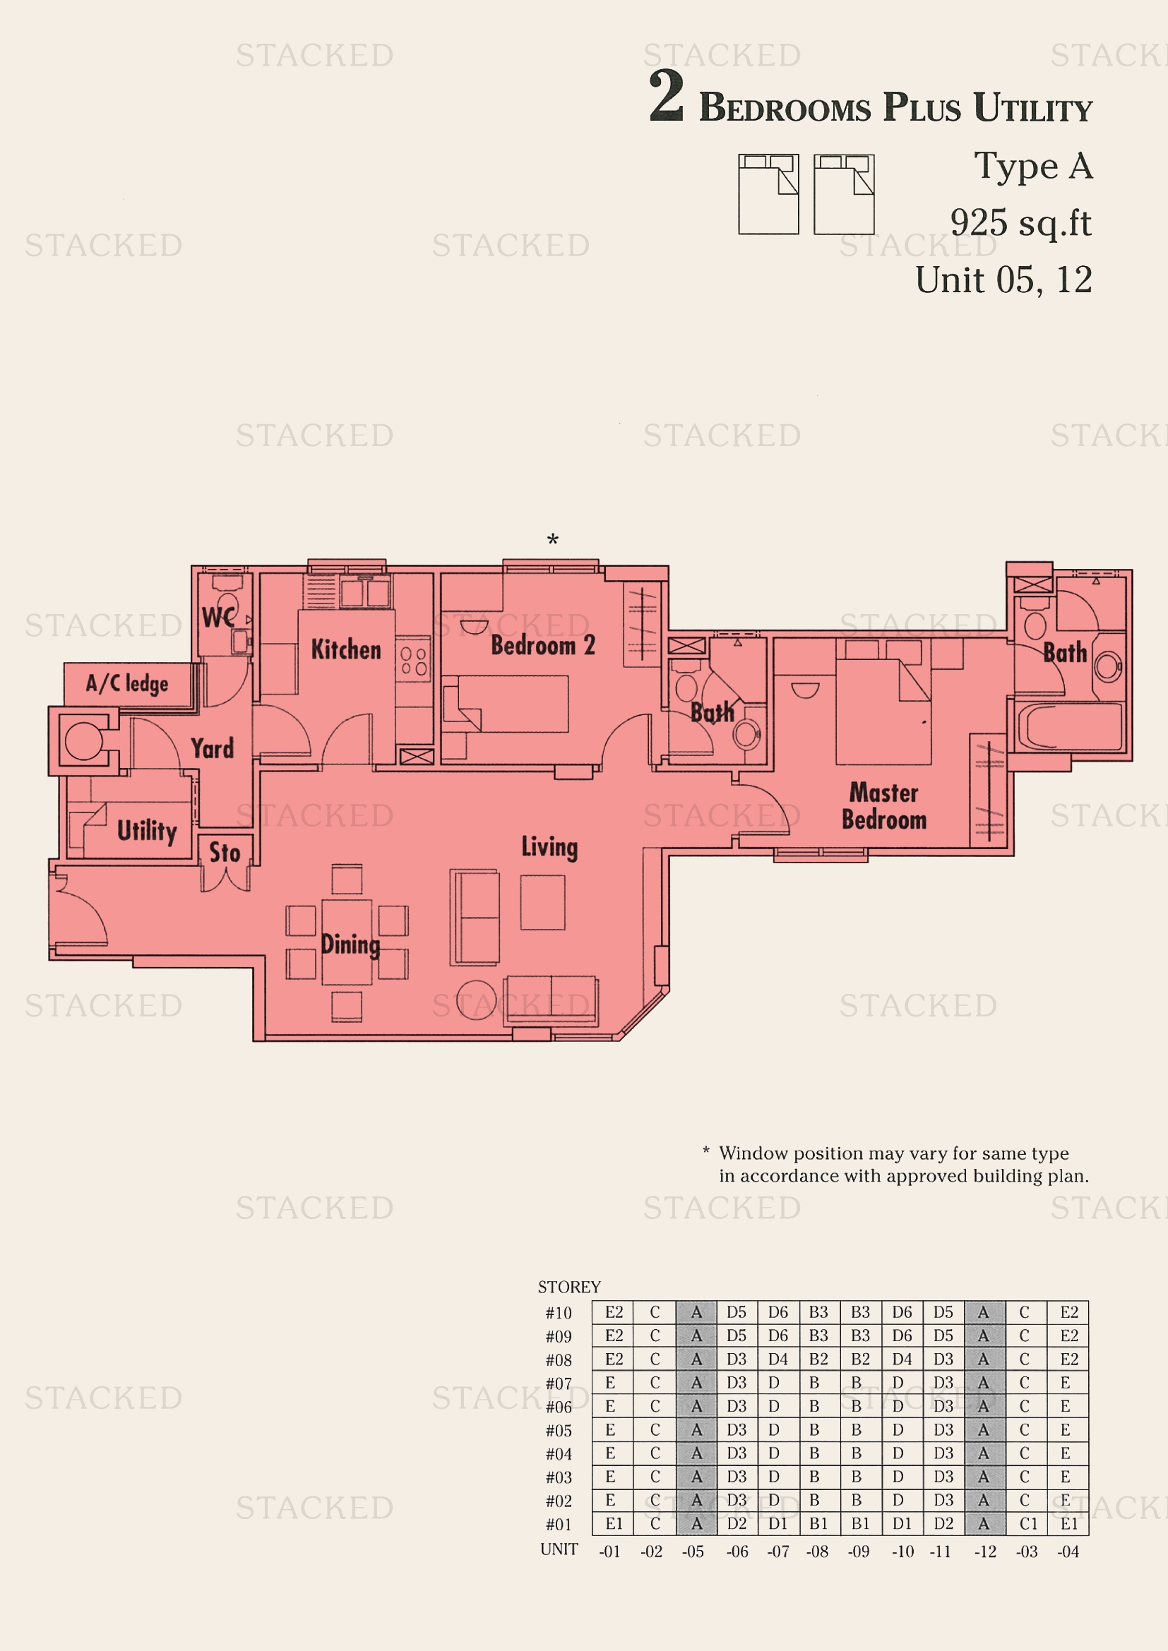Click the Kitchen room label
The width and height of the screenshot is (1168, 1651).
pos(346,649)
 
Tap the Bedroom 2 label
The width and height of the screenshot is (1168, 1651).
pos(542,645)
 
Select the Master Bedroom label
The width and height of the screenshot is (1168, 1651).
pos(884,806)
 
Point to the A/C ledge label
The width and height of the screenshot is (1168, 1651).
pos(127,683)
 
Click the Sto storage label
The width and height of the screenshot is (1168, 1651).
pos(225,853)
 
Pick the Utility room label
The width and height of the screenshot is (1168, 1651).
pos(147,831)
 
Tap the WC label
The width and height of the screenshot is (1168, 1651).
pos(218,617)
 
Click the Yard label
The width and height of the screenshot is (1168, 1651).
pos(212,748)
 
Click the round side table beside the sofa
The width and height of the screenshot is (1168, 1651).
pos(476,1000)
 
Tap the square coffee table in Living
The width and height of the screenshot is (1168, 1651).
pos(543,903)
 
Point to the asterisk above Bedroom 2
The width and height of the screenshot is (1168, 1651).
pos(552,540)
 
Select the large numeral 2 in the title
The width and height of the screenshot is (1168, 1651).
pos(666,97)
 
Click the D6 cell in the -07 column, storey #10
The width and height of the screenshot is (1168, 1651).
pos(777,1312)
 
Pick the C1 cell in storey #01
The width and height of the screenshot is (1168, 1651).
pos(1027,1524)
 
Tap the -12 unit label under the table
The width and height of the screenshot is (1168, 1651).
pos(984,1551)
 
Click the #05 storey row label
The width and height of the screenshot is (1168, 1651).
pos(558,1431)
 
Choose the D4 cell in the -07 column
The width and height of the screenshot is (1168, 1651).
pos(777,1359)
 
